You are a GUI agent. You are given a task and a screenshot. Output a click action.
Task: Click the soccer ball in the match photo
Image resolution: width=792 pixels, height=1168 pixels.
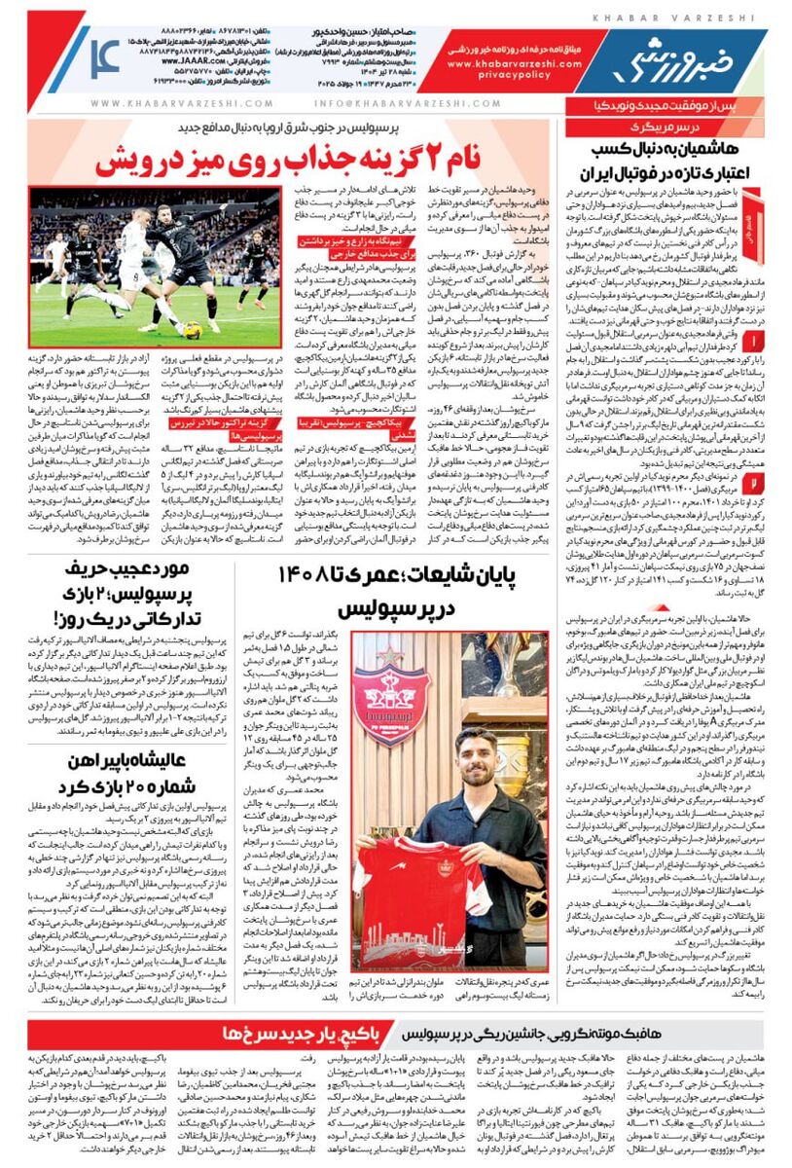[x=193, y=330]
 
